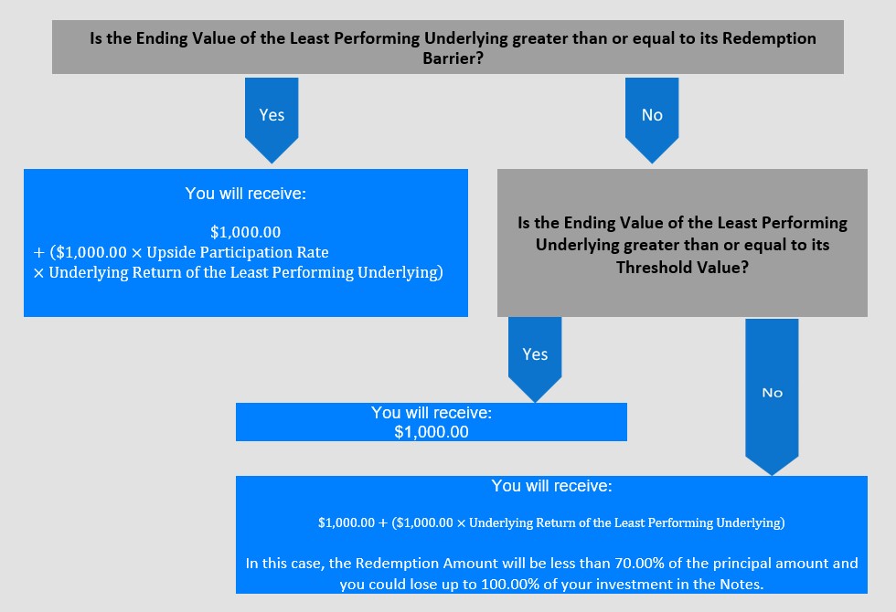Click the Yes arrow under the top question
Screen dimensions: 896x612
coord(272,120)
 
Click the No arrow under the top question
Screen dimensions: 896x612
coord(652,120)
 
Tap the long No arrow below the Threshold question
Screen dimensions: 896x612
coord(772,396)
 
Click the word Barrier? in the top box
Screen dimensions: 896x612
coord(453,58)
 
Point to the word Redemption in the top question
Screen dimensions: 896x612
coord(769,38)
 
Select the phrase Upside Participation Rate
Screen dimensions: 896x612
coord(238,252)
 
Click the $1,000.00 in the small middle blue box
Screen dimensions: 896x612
coord(432,432)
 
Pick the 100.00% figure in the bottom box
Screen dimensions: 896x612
coord(507,585)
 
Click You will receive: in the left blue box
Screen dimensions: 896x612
coord(246,194)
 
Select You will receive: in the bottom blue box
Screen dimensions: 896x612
coord(551,486)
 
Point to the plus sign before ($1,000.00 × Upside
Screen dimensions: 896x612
coord(38,253)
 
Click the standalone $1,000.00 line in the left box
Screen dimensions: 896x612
coord(246,232)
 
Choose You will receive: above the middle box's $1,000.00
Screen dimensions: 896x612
coord(432,413)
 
